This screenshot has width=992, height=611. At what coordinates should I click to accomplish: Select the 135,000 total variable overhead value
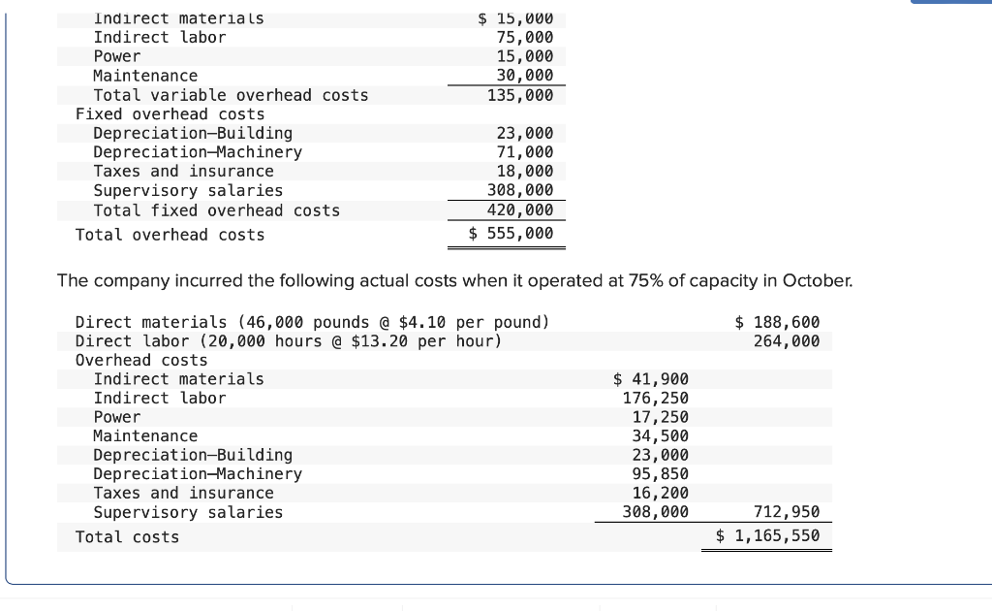[x=520, y=95]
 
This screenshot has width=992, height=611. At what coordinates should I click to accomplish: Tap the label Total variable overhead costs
[x=231, y=95]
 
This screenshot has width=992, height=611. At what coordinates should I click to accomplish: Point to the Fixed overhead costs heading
[x=170, y=114]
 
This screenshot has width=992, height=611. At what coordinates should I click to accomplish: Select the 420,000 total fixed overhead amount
[x=520, y=210]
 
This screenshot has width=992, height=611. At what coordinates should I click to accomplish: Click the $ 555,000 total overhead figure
[x=511, y=234]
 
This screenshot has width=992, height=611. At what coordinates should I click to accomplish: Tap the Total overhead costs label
[x=170, y=235]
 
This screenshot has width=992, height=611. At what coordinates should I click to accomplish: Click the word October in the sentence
[x=817, y=281]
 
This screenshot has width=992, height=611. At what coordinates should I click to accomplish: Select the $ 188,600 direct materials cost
[x=777, y=322]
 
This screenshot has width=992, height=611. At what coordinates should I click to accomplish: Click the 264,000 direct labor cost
[x=787, y=340]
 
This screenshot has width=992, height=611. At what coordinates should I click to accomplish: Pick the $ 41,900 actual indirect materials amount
[x=652, y=379]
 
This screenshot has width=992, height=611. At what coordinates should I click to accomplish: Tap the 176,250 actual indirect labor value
[x=656, y=398]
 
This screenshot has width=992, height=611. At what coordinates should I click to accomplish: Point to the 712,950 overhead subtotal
[x=787, y=512]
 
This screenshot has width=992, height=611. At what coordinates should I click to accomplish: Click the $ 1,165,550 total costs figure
[x=768, y=535]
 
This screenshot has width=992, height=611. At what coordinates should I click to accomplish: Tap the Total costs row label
[x=127, y=537]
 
